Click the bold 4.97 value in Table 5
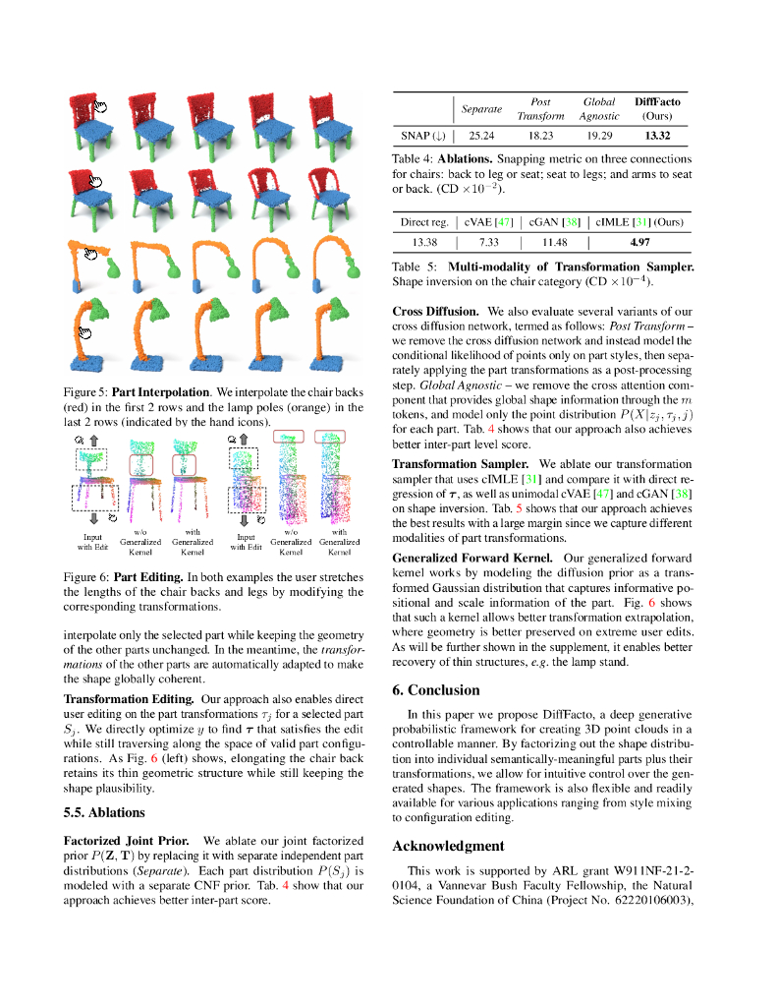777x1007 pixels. pos(640,241)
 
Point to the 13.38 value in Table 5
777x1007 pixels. pos(423,241)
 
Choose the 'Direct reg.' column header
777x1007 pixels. pos(424,222)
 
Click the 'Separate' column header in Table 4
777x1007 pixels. pos(481,108)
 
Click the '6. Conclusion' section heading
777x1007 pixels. pos(436,689)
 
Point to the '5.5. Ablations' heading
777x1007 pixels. pos(103,812)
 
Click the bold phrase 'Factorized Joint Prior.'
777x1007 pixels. pos(128,842)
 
